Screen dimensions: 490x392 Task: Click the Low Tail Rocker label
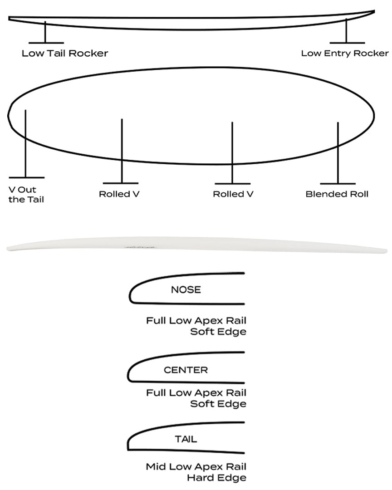pos(65,54)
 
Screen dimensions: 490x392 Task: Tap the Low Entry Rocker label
pos(345,54)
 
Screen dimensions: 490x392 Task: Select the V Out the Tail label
pos(26,195)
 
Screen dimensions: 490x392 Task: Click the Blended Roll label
pos(337,194)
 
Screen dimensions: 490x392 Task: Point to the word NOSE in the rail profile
pos(186,289)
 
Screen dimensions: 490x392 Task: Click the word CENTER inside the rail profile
pos(186,370)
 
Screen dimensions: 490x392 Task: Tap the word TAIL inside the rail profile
pos(186,439)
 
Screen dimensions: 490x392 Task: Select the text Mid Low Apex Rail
pos(196,466)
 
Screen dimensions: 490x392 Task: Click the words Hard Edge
pos(216,477)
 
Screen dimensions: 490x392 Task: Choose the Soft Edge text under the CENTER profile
pos(218,403)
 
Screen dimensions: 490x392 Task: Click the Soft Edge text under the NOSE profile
pos(218,331)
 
